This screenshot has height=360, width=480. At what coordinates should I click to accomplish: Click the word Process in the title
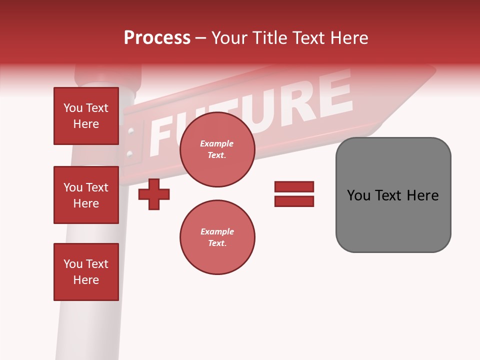157,38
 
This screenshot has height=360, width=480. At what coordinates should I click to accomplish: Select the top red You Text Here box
86,116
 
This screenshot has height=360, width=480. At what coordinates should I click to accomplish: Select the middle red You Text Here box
86,195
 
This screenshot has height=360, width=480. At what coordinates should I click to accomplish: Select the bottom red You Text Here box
86,272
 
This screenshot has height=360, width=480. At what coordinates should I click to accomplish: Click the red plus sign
154,193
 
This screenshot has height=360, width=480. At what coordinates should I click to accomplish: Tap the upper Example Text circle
217,149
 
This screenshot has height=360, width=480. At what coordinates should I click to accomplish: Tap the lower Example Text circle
217,237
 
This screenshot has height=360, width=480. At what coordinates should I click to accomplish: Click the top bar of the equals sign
294,187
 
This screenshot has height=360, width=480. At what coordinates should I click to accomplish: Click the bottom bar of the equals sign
294,201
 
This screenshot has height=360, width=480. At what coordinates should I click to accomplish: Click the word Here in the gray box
422,195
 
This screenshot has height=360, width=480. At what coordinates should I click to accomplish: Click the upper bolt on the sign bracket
131,132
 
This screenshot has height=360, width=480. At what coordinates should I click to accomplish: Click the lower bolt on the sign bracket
130,153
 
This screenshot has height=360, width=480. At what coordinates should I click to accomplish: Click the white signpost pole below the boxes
85,330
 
